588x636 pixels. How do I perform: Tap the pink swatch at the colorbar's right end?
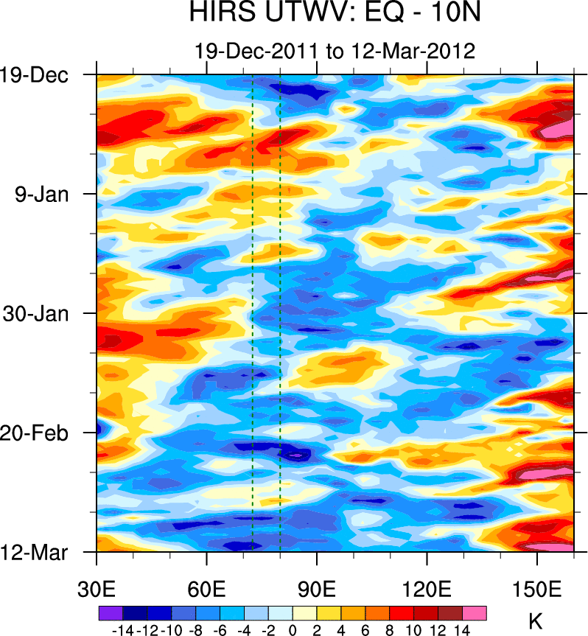475,613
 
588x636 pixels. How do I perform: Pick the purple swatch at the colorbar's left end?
110,613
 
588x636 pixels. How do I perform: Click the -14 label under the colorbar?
121,630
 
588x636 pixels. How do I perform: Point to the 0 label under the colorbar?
293,630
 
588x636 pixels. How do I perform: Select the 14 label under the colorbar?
462,630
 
